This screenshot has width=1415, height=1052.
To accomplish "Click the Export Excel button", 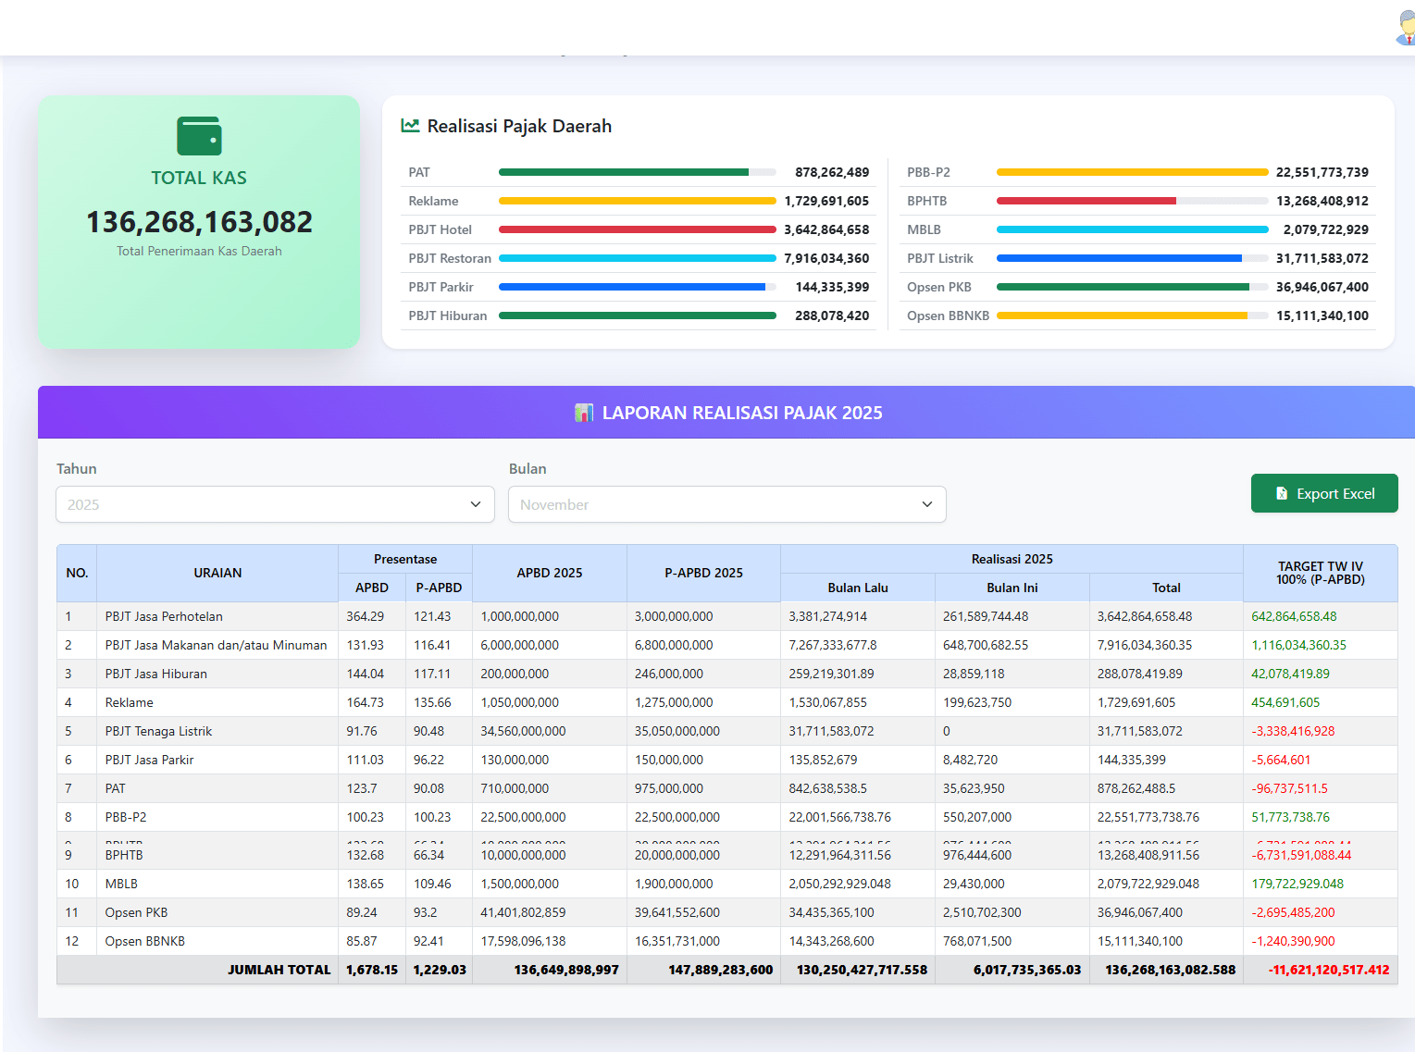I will [1323, 494].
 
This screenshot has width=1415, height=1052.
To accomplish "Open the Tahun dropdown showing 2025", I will [275, 505].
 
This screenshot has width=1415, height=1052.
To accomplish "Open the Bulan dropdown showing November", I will [726, 505].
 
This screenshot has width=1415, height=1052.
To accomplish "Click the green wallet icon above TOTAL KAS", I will [199, 136].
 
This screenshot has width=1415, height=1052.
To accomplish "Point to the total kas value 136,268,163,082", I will [199, 222].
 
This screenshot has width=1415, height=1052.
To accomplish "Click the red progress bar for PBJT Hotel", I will [637, 229].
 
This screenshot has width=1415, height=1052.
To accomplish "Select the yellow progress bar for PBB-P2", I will [1131, 172].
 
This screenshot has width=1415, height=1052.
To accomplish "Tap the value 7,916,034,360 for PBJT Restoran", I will [826, 258].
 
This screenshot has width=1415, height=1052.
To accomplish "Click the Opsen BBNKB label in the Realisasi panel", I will [948, 316].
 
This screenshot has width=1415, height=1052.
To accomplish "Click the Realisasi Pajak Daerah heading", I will [518, 126].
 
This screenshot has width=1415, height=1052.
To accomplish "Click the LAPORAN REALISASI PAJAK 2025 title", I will [741, 413].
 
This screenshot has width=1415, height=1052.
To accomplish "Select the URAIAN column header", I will [217, 573].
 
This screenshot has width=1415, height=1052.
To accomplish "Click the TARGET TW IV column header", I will [1320, 573].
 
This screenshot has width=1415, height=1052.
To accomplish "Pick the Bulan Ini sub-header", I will [1012, 588].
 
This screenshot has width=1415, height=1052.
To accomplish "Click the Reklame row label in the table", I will [130, 702].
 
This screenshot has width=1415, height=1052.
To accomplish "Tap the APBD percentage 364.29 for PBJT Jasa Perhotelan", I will [365, 616].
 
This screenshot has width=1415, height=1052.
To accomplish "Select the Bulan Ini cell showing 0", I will [947, 731].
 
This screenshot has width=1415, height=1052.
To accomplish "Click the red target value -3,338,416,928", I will [1293, 731].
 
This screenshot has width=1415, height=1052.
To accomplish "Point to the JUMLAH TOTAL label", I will [279, 970].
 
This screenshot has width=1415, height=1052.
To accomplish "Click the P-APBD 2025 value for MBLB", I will [674, 884].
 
